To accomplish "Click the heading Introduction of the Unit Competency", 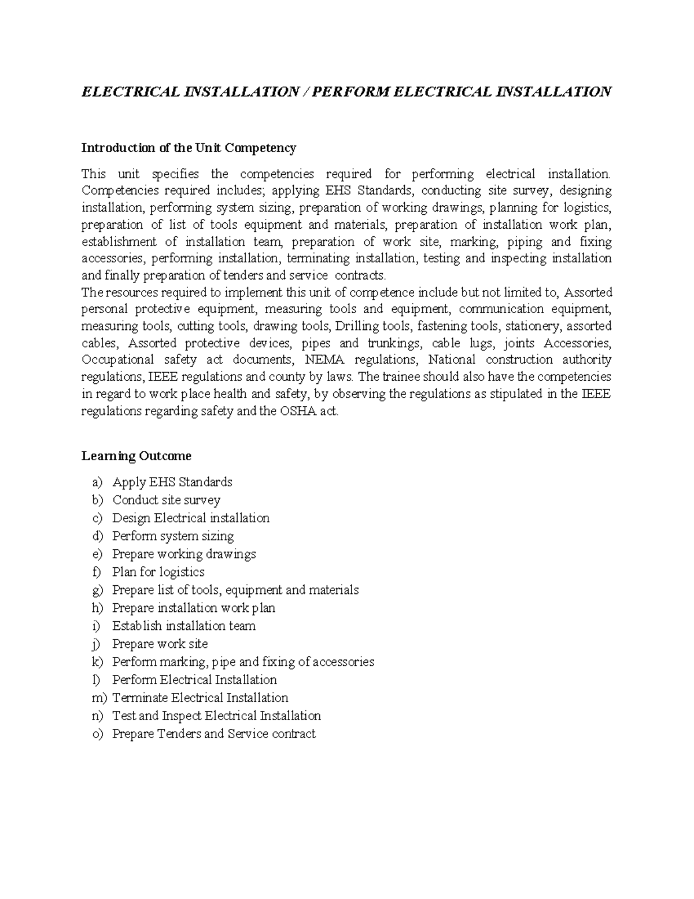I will [x=189, y=148].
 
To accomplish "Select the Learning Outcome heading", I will [x=136, y=456].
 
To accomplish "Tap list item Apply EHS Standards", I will [x=172, y=482].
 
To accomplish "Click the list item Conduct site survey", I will [x=166, y=500].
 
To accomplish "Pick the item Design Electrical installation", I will [x=191, y=518].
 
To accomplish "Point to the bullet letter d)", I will [x=97, y=535].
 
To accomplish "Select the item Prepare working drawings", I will [x=184, y=554].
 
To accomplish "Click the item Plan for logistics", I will [x=158, y=572].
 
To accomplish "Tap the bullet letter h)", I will [x=97, y=608].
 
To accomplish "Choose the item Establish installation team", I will [x=184, y=626].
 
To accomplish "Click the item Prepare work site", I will [x=160, y=644].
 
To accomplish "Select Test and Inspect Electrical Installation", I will [x=216, y=715].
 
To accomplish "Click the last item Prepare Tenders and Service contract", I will [x=213, y=733].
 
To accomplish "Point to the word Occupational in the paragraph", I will [x=118, y=359].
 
